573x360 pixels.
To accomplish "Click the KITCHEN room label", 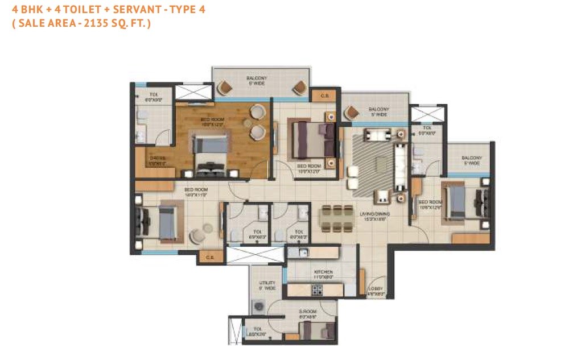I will (323, 272).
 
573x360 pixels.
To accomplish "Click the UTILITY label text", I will (267, 283).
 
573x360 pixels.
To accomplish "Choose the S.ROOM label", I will (308, 312).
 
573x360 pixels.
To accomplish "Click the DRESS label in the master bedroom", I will (157, 159).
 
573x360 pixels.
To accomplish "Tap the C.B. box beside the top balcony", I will (325, 96).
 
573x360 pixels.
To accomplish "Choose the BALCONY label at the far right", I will (472, 158).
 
